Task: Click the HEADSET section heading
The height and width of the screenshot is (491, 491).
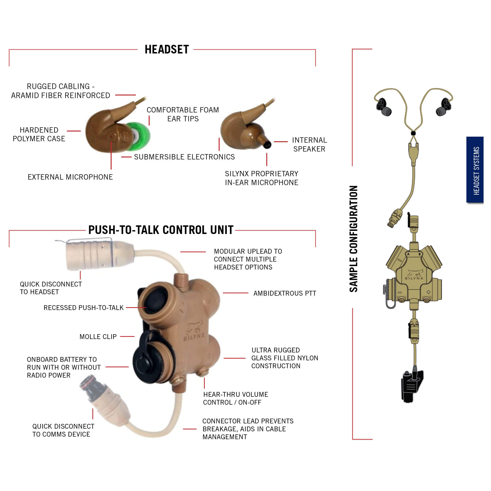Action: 167,49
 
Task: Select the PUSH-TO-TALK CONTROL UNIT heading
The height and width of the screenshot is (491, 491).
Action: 161,230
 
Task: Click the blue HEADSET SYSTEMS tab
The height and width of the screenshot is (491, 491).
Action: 475,170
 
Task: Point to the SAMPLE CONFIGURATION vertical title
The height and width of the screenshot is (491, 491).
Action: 354,239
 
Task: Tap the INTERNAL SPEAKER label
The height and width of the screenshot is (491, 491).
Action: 309,144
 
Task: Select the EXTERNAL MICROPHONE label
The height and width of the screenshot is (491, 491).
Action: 70,177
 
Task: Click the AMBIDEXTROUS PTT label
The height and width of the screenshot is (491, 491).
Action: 285,293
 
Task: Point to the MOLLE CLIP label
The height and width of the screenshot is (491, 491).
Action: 98,337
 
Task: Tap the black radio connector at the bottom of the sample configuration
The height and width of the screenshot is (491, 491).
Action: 412,386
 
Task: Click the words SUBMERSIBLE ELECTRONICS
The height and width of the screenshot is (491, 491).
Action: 184,157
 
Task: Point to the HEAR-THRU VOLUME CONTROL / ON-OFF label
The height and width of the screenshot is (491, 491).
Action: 236,398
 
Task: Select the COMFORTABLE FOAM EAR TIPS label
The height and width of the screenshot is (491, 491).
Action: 183,114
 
